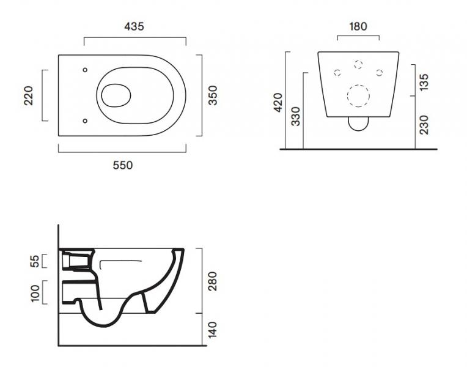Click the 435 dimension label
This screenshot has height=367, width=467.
134,26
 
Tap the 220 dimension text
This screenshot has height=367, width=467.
29,95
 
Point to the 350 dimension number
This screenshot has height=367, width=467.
213,95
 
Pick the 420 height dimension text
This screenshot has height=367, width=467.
278,103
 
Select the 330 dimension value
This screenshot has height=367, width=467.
296,116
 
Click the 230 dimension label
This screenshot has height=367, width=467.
424,124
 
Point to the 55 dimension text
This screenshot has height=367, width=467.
35,261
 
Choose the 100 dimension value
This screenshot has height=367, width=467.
35,292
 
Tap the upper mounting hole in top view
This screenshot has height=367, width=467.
85,69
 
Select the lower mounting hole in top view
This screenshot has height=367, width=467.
85,120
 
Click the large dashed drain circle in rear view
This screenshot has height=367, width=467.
358,96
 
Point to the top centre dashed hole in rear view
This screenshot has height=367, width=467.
358,65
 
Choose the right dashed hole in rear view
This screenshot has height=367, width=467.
379,73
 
